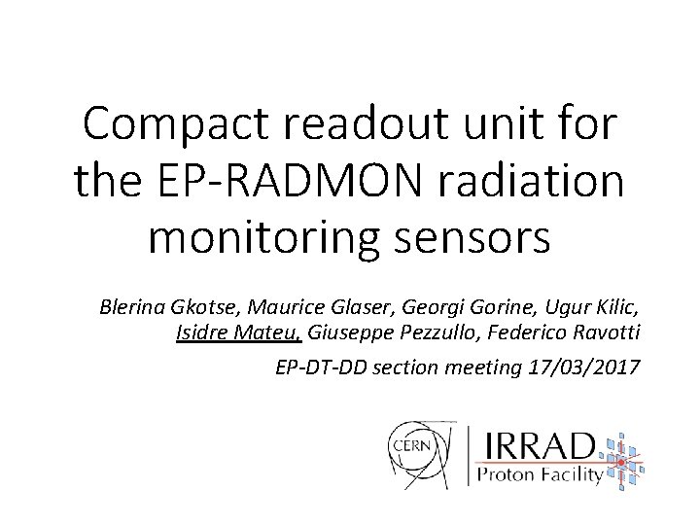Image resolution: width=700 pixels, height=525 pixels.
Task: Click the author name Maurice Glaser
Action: pos(307,308)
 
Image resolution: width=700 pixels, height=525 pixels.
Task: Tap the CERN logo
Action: pos(420,453)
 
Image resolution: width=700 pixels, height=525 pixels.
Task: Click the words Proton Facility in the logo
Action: pos(538,476)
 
